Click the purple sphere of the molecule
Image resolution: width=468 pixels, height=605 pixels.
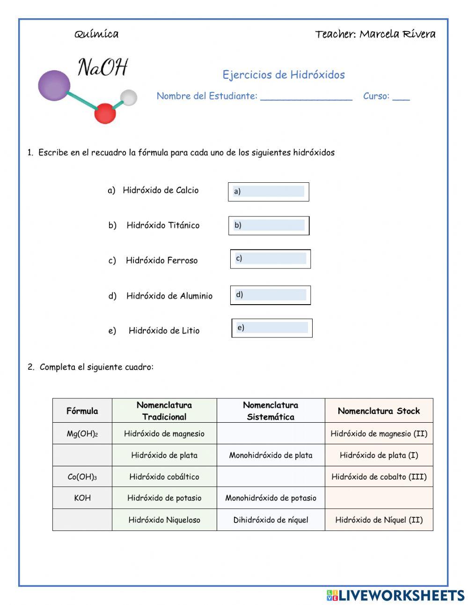point(53,85)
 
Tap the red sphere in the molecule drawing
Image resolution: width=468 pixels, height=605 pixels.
point(105,113)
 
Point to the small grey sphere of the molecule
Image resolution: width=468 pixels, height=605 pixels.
point(129,97)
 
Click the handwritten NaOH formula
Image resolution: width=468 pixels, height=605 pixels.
point(102,67)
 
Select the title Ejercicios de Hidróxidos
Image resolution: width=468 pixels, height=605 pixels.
point(284,75)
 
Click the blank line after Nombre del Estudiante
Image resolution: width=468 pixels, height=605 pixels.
point(306,97)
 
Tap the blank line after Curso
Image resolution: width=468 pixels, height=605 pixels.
point(401,97)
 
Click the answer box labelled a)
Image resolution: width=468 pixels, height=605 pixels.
point(269,192)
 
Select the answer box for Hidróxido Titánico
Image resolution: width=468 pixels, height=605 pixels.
point(269,225)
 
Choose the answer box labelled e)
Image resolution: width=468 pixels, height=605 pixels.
point(272,328)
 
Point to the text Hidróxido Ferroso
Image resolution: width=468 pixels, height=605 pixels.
point(161,261)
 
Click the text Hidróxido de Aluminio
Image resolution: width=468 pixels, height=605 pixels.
point(169,296)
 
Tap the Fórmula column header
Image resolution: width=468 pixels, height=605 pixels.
point(82,411)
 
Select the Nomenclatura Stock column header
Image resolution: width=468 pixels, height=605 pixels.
point(379,411)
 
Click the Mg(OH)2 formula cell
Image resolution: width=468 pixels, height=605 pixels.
point(82,434)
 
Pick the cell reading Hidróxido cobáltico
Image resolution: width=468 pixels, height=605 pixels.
point(164,477)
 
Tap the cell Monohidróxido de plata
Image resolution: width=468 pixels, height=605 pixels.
point(271,456)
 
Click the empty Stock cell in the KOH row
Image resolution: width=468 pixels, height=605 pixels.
point(379,498)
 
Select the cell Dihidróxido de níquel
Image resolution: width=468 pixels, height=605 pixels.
point(271,520)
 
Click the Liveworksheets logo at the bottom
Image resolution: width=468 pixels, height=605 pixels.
point(395,595)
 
